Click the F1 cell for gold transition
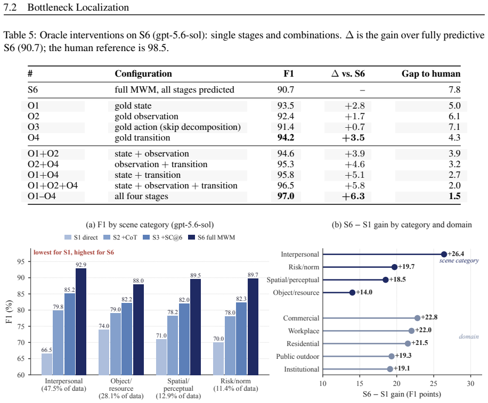point(286,137)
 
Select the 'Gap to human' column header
point(431,73)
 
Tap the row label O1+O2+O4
point(53,186)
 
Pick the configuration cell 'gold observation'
point(147,116)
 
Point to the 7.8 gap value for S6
point(454,90)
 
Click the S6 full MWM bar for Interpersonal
point(81,322)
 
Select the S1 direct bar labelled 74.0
point(104,352)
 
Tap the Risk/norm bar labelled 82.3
point(241,339)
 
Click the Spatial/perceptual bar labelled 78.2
point(173,345)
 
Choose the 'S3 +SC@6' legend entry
point(162,237)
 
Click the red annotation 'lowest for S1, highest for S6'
point(74,252)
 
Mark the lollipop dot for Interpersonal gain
point(444,254)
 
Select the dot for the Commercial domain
point(417,318)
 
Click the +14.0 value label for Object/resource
point(364,292)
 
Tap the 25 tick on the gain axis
point(434,383)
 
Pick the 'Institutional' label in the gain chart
point(302,369)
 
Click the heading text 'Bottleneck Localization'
point(78,7)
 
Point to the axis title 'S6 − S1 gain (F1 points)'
point(402,394)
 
